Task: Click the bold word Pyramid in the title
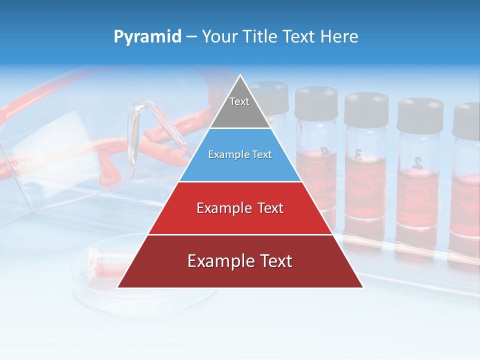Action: pos(147,37)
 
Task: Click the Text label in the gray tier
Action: pos(239,101)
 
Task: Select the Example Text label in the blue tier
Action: pos(240,155)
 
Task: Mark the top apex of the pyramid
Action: pos(240,75)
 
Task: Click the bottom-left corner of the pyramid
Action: pos(117,287)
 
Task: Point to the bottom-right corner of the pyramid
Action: pos(363,287)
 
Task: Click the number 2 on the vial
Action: pos(417,162)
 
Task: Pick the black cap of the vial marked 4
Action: pos(316,102)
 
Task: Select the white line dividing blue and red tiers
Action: pos(240,181)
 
